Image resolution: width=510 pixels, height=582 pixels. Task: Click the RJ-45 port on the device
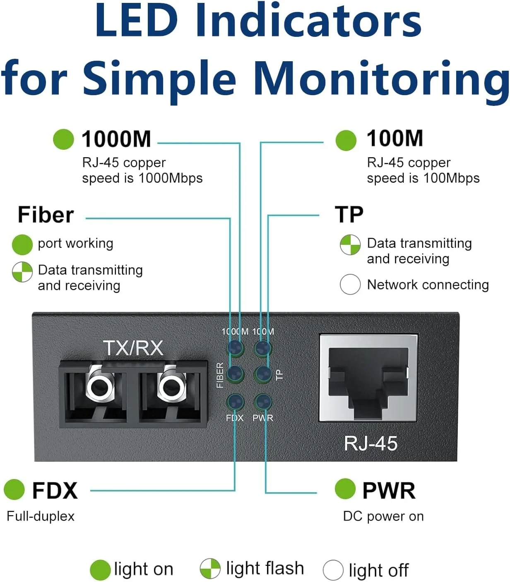(x=368, y=378)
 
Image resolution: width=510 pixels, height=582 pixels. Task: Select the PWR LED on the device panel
(x=263, y=402)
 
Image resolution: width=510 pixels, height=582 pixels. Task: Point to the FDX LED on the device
(x=235, y=402)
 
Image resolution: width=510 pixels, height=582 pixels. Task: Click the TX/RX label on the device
(x=133, y=348)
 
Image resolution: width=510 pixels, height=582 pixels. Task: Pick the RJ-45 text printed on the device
(x=370, y=443)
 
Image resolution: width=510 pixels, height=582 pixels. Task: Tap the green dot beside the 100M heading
(x=346, y=140)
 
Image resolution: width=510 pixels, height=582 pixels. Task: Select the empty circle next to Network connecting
(x=350, y=285)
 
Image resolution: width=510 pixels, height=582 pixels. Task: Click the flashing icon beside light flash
(x=210, y=569)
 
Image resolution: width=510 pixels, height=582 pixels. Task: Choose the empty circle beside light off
(x=333, y=570)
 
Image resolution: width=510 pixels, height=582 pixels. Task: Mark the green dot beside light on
(x=100, y=570)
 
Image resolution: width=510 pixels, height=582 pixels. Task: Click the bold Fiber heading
(x=46, y=215)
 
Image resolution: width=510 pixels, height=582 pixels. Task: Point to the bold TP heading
(x=349, y=215)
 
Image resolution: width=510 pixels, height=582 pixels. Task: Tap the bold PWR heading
(x=389, y=491)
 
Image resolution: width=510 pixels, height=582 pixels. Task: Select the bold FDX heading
(x=55, y=491)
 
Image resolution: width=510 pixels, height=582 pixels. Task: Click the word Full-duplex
(x=41, y=516)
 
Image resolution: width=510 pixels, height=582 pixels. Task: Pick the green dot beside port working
(x=22, y=244)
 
